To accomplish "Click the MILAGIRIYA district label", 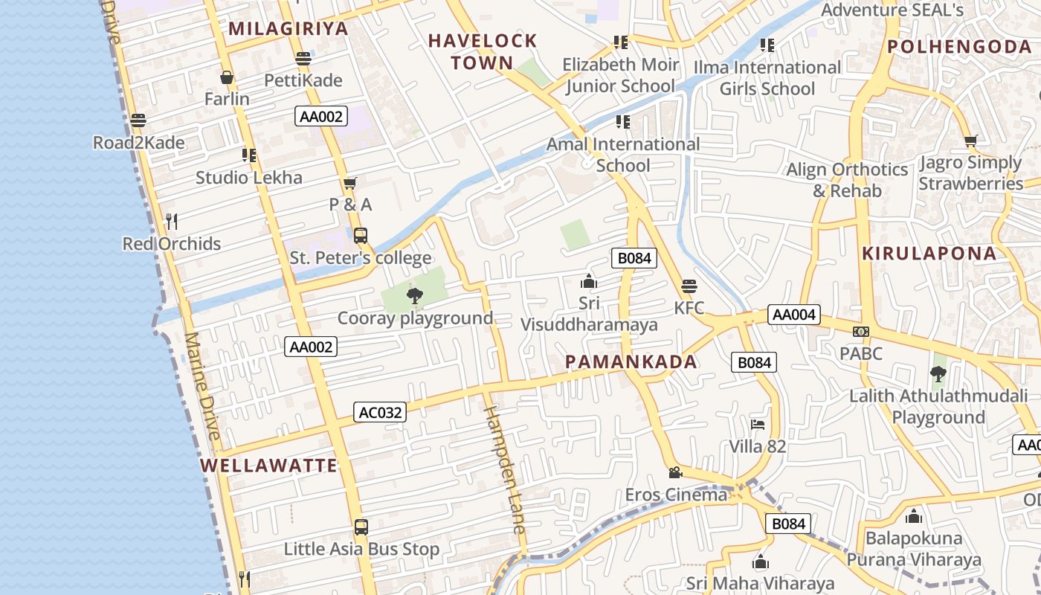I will [288, 29].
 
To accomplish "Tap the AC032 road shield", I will [380, 412].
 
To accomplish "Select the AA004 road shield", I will [794, 315].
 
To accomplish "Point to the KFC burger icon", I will [689, 286].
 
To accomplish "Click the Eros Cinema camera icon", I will [675, 472].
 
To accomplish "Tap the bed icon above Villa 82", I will [758, 425].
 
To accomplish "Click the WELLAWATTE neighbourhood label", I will [269, 466].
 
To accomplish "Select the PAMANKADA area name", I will [631, 362].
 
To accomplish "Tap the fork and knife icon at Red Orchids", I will [172, 221].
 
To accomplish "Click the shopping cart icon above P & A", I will [350, 183].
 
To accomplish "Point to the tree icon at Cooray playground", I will [415, 297].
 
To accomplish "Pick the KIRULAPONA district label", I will [929, 254].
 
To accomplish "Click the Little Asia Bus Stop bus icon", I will [361, 527].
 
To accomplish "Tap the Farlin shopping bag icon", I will [227, 77].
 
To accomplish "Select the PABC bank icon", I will [861, 332].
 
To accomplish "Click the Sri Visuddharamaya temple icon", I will [589, 282].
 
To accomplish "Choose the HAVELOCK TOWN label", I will [483, 51].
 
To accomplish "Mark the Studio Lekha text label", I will [249, 178].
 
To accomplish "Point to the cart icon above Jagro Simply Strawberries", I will [970, 141].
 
